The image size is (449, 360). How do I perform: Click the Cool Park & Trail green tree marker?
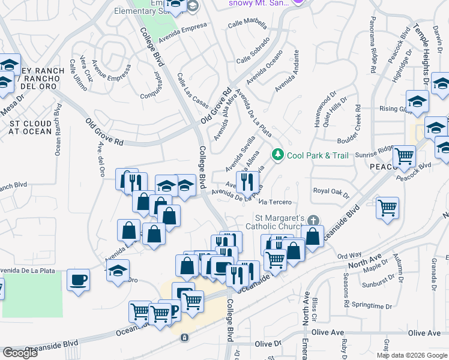click(277, 155)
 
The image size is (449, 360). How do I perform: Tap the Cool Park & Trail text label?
click(317, 155)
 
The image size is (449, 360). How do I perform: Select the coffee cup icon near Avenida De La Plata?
click(78, 280)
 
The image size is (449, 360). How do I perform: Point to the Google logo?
click(20, 353)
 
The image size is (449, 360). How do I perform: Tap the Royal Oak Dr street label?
click(331, 191)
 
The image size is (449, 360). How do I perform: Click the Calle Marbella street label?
click(247, 25)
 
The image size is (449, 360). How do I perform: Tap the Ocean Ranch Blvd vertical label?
click(58, 130)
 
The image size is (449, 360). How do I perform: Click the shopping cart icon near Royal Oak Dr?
click(388, 208)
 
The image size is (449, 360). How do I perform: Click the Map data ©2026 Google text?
click(411, 355)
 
